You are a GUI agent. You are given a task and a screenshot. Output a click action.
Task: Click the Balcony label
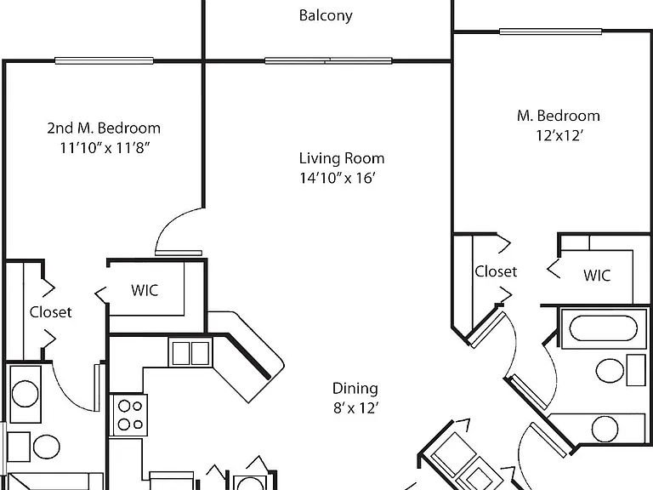click(x=326, y=16)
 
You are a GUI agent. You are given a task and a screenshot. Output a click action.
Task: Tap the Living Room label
click(x=342, y=158)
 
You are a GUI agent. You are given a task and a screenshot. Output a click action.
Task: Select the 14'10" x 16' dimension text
click(x=338, y=178)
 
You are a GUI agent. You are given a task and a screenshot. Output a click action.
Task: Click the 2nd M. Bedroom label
click(x=104, y=128)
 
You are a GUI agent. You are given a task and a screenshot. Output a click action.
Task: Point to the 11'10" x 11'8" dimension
click(x=105, y=147)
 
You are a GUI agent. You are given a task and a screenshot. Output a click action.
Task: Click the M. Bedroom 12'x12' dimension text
click(x=559, y=135)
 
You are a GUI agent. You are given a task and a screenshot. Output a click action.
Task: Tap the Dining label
click(x=355, y=388)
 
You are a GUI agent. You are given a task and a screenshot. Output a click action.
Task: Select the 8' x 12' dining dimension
click(x=355, y=408)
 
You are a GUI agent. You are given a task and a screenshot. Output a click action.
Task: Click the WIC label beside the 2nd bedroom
click(x=145, y=290)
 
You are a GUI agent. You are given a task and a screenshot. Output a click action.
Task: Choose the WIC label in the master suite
click(x=597, y=275)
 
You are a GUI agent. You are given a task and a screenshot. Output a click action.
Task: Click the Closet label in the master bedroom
click(x=496, y=271)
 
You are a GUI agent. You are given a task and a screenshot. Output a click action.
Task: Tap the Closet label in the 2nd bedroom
click(x=50, y=312)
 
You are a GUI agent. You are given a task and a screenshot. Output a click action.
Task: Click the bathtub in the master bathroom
click(x=603, y=328)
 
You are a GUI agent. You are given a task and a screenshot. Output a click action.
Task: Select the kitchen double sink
click(x=190, y=352)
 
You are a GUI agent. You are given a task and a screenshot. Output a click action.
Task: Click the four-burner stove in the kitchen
click(x=128, y=415)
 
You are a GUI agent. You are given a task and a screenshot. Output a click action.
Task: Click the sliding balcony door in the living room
click(x=328, y=61)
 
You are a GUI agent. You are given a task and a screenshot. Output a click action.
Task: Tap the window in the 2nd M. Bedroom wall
click(x=104, y=61)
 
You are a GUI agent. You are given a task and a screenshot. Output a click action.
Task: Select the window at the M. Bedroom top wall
click(x=551, y=31)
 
